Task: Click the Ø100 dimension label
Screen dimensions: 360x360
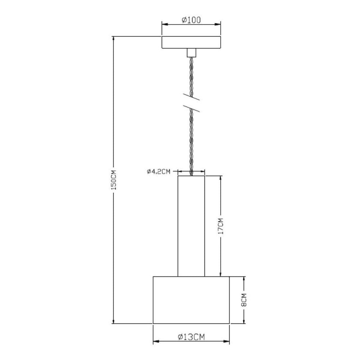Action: [x=191, y=21]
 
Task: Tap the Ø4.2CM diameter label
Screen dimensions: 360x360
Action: [x=158, y=172]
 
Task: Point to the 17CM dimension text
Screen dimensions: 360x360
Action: [x=221, y=226]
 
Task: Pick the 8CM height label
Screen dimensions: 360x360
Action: [x=244, y=300]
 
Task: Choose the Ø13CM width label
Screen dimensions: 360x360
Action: [x=191, y=337]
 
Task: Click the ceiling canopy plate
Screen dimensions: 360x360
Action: [x=191, y=42]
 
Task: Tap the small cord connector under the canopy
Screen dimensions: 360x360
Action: [x=191, y=53]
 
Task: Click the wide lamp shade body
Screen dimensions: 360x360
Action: [x=191, y=300]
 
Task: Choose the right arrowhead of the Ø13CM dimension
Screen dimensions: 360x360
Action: [x=228, y=341]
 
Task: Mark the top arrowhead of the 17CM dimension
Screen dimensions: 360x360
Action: [x=221, y=178]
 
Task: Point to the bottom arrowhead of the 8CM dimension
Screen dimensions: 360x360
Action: [x=244, y=321]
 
